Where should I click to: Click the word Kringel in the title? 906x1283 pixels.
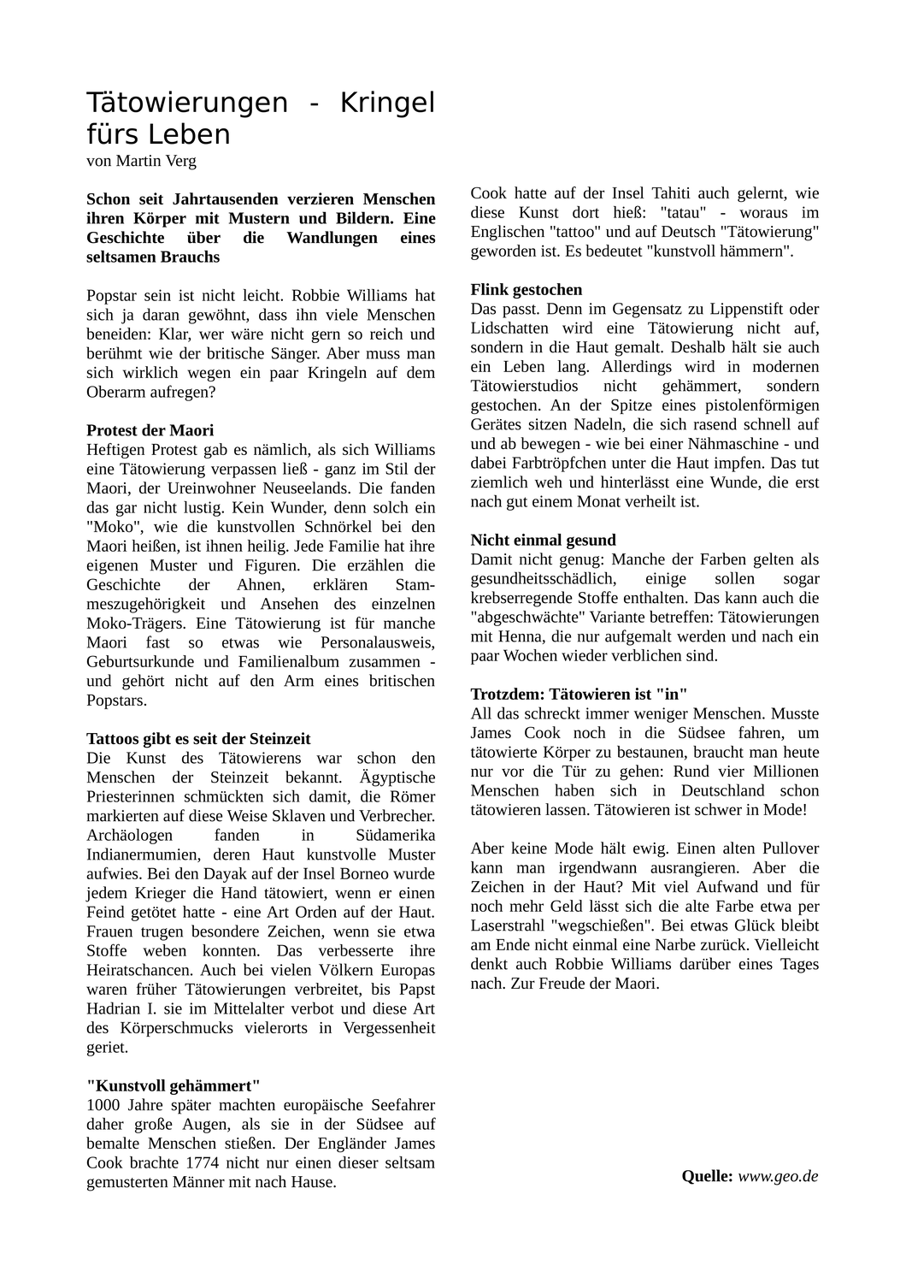coord(387,103)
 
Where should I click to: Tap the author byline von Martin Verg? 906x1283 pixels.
coord(141,160)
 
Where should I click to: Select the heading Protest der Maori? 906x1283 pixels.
coord(150,430)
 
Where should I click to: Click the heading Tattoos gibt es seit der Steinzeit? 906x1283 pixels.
coord(198,738)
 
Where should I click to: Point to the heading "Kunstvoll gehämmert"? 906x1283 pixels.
coord(174,1085)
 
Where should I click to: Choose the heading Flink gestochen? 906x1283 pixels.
coord(527,289)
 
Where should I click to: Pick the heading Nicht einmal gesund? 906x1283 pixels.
coord(543,540)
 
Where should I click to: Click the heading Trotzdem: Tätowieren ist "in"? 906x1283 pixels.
coord(579,694)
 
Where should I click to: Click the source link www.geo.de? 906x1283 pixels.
coord(778,1176)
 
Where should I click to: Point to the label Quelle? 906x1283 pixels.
coord(707,1176)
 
